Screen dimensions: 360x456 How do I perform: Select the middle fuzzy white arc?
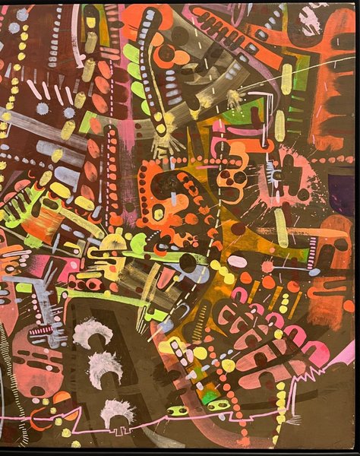[x=106, y=367]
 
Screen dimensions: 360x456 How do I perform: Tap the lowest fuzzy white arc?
[x=117, y=411]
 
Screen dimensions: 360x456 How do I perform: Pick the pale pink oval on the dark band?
[x=237, y=261]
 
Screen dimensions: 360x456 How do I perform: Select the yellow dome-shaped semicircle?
[x=112, y=242]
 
